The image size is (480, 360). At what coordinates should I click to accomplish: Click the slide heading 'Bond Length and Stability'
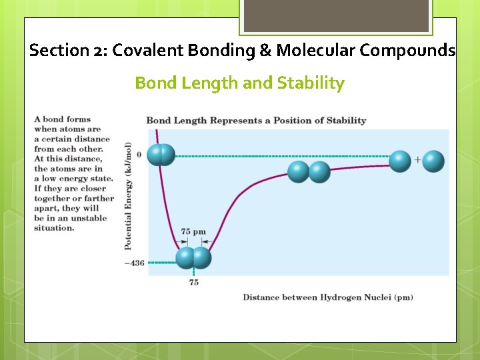click(239, 83)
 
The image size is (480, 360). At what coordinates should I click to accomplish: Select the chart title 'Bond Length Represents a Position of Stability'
click(256, 121)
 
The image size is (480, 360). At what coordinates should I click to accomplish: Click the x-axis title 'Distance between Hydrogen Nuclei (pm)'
click(327, 297)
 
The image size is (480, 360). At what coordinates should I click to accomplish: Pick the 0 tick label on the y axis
click(139, 155)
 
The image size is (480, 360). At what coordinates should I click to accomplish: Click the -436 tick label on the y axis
click(134, 263)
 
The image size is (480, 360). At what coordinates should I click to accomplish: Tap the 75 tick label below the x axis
click(193, 283)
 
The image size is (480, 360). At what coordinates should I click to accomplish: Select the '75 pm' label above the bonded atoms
click(193, 232)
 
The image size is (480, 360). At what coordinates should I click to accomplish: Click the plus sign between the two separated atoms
click(417, 160)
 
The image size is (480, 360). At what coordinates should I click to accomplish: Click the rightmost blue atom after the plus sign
click(433, 161)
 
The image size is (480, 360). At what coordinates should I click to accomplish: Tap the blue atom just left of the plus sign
click(400, 161)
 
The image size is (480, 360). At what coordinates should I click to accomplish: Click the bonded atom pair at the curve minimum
click(193, 258)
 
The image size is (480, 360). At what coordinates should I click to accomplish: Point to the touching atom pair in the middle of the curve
click(309, 172)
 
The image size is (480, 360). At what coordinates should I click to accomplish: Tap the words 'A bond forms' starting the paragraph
click(62, 119)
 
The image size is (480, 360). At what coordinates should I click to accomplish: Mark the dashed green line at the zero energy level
click(280, 156)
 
